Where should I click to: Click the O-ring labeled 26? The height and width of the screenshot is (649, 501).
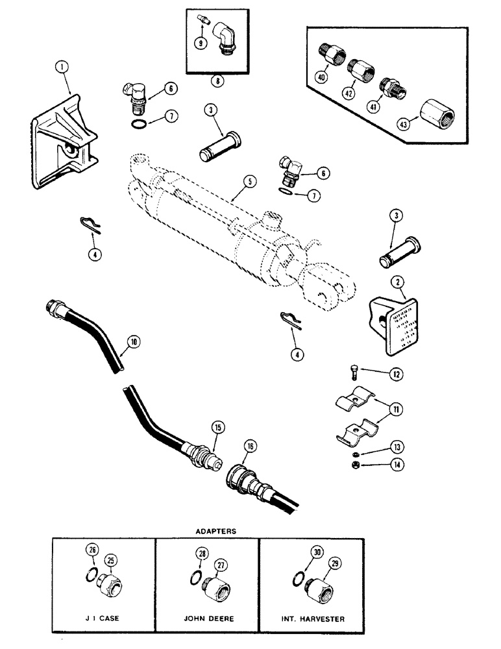tap(93, 572)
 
